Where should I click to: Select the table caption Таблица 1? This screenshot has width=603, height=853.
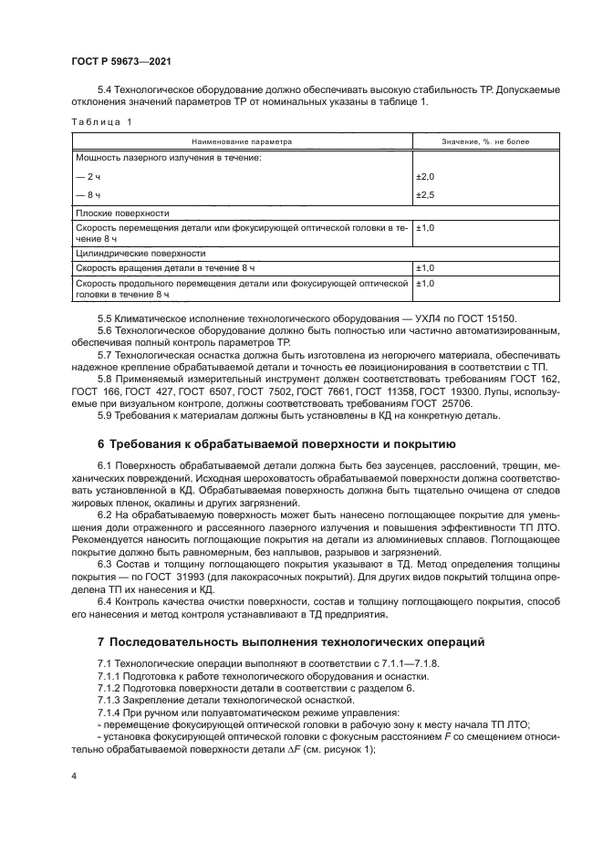pos(101,121)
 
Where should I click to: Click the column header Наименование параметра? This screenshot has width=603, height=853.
pos(242,141)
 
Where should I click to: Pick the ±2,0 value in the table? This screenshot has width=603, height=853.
pos(426,176)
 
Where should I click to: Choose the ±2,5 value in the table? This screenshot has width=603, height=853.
pos(426,194)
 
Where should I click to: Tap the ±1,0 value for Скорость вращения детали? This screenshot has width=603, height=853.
pos(426,268)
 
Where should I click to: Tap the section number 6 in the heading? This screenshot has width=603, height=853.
pos(101,445)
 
